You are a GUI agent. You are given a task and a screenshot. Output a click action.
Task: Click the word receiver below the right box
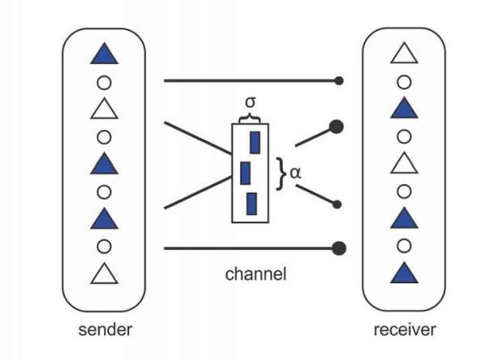pos(404,330)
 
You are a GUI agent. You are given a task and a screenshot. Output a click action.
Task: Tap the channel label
pos(256,274)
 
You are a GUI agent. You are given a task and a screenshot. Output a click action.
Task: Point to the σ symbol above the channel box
pos(250,104)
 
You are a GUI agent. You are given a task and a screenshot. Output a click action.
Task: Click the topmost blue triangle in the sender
pos(104,55)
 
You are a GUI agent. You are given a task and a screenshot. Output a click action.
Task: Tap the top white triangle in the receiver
pos(404,54)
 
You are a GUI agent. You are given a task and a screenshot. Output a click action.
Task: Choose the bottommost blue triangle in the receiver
pos(404,273)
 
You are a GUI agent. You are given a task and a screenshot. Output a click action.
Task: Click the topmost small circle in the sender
pos(104,81)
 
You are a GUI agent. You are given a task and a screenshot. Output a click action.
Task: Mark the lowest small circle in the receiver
pos(404,246)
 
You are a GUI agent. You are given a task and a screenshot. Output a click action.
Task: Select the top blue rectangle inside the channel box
pos(255,143)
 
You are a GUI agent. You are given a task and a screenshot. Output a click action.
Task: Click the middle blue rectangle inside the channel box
pos(245,173)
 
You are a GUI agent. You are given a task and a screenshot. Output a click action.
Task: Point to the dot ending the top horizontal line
pos(340,81)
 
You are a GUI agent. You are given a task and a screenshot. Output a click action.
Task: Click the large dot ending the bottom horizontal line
pos(340,248)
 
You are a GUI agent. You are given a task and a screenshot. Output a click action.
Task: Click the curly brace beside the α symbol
pos(281,172)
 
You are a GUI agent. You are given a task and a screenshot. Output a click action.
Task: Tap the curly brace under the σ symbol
pos(249,118)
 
